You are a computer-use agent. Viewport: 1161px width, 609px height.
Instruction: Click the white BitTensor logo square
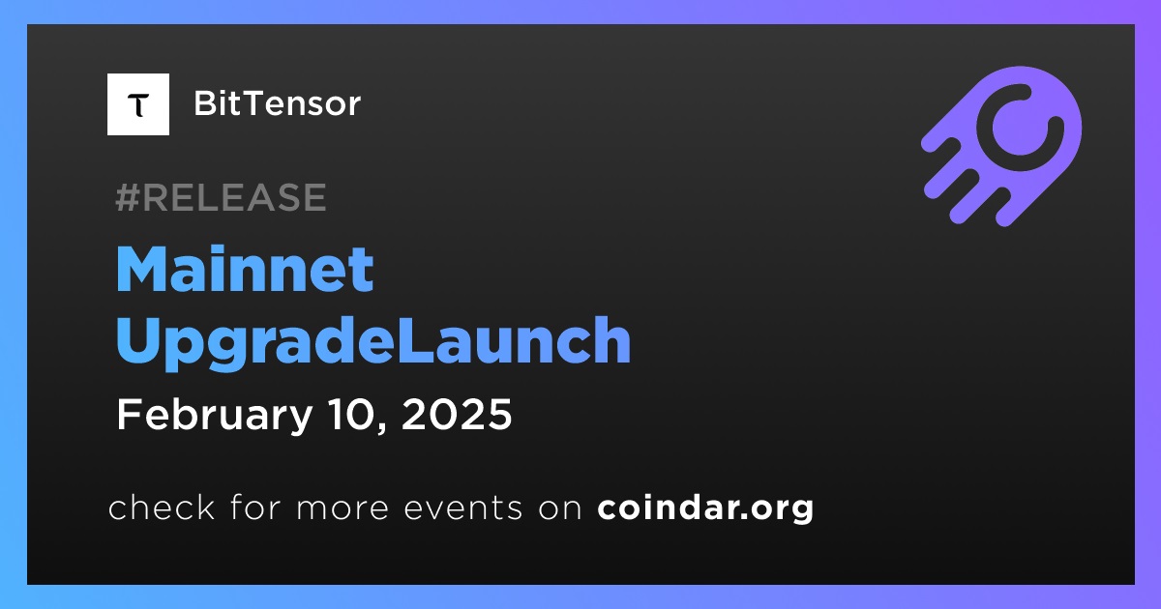(x=137, y=104)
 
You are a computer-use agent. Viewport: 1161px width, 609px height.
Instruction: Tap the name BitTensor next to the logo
(x=278, y=103)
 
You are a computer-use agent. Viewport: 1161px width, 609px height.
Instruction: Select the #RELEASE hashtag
(x=221, y=197)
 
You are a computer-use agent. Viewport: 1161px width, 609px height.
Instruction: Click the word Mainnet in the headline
(x=245, y=270)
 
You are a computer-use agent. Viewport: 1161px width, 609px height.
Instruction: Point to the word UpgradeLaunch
(x=373, y=342)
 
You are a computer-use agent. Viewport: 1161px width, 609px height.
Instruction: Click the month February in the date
(x=215, y=416)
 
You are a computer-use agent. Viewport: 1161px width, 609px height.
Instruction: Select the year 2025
(x=457, y=415)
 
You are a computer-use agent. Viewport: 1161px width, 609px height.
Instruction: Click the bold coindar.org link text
(x=705, y=508)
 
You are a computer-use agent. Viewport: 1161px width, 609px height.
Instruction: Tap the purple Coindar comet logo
(x=1001, y=146)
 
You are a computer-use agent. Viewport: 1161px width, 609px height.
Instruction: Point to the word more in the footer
(x=342, y=508)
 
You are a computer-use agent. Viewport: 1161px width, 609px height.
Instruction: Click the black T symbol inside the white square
(x=138, y=105)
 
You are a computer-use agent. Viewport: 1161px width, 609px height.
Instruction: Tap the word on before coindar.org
(x=560, y=508)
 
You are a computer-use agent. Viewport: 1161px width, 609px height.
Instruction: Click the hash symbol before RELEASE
(x=128, y=197)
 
